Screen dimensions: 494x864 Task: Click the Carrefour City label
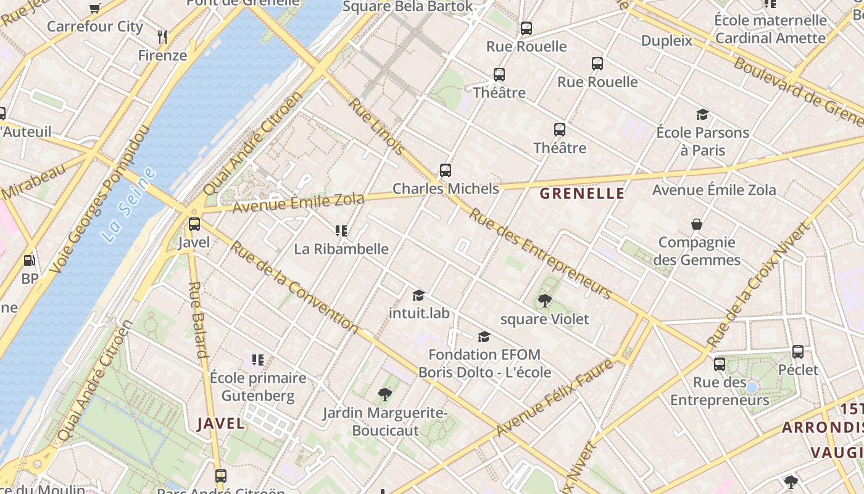(95, 27)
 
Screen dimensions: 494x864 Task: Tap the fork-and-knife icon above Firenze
(162, 36)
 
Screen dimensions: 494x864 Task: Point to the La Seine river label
(129, 204)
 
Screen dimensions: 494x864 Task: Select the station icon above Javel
(194, 224)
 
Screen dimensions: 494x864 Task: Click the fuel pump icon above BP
(29, 261)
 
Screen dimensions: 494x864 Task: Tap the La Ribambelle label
(341, 249)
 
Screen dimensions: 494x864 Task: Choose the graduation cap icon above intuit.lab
(419, 295)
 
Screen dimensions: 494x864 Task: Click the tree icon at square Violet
(544, 301)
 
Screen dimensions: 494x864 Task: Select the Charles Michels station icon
(446, 170)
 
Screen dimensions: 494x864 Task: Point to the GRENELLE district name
(582, 193)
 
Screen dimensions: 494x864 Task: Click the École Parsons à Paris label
(702, 141)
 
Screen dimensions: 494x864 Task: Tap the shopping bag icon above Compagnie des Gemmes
(697, 224)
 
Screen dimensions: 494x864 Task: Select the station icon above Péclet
(798, 352)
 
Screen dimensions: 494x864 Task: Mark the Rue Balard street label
(197, 320)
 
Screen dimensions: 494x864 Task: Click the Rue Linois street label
(377, 127)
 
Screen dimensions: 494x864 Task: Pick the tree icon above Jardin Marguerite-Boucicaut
(385, 394)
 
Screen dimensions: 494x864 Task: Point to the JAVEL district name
(221, 424)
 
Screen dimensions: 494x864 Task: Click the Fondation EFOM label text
(484, 354)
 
